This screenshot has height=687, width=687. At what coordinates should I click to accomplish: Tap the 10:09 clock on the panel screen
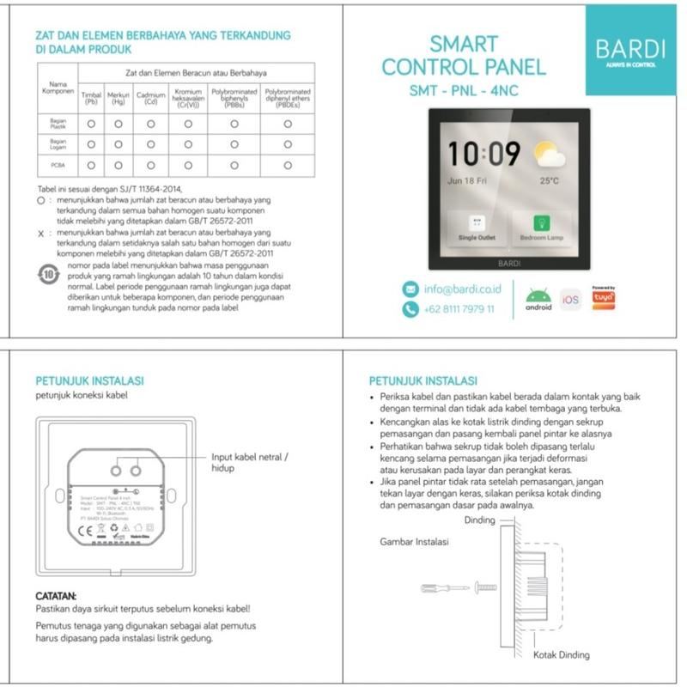click(x=484, y=155)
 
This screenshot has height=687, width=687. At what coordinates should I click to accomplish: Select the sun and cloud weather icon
click(x=548, y=155)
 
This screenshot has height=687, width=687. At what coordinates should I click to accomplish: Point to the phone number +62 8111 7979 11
click(x=459, y=309)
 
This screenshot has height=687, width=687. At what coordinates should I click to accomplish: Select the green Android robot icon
click(x=538, y=297)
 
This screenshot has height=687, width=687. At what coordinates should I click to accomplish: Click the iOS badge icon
click(x=570, y=299)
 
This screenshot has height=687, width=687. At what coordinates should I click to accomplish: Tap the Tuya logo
click(x=604, y=297)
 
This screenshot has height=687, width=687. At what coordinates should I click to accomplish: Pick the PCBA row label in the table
click(x=58, y=164)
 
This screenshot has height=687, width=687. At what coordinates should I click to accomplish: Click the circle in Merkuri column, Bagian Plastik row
click(x=119, y=124)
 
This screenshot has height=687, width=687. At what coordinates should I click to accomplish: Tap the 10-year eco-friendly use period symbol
click(x=50, y=275)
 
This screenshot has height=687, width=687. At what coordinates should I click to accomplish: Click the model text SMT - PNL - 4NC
click(x=463, y=88)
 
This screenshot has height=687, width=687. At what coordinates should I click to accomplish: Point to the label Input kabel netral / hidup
click(x=250, y=463)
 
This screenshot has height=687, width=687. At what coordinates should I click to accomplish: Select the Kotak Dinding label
click(x=561, y=655)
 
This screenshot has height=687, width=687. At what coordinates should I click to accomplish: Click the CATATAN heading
click(x=56, y=595)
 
